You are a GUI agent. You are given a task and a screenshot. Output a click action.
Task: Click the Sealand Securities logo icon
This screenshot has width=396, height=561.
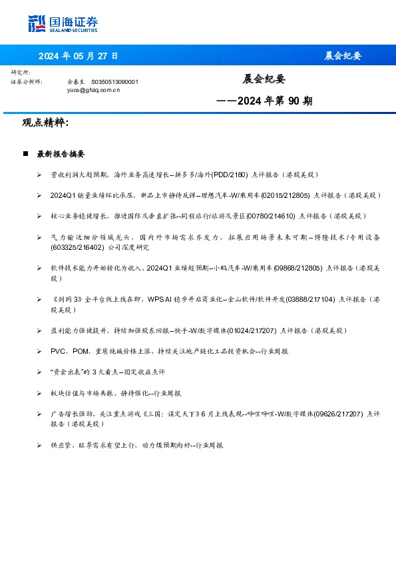tap(37, 24)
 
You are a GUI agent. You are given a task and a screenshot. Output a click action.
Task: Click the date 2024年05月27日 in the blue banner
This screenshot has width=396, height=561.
tap(78, 56)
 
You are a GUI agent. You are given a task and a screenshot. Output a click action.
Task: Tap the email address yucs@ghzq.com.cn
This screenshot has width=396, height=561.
tap(93, 89)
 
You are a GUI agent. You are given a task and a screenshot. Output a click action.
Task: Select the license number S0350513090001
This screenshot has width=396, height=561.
tap(114, 81)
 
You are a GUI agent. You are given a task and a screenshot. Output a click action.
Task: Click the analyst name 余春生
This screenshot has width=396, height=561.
tap(75, 81)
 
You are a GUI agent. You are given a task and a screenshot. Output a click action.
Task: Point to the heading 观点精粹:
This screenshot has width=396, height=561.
tap(45, 123)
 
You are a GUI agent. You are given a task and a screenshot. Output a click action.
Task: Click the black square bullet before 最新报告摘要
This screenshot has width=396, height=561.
tap(25, 154)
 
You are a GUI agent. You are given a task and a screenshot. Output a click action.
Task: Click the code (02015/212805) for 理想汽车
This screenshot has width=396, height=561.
tap(286, 195)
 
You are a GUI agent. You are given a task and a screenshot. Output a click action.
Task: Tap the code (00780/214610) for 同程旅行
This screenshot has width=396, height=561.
tap(272, 216)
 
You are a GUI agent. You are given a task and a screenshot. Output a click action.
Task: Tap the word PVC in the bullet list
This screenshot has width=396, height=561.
tap(59, 351)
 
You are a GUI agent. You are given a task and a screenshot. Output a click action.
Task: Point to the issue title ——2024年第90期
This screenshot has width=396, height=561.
tap(264, 101)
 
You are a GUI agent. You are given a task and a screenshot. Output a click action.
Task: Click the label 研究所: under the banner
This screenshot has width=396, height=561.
tap(21, 72)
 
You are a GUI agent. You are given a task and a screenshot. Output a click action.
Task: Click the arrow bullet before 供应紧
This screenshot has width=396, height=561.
tap(40, 445)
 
